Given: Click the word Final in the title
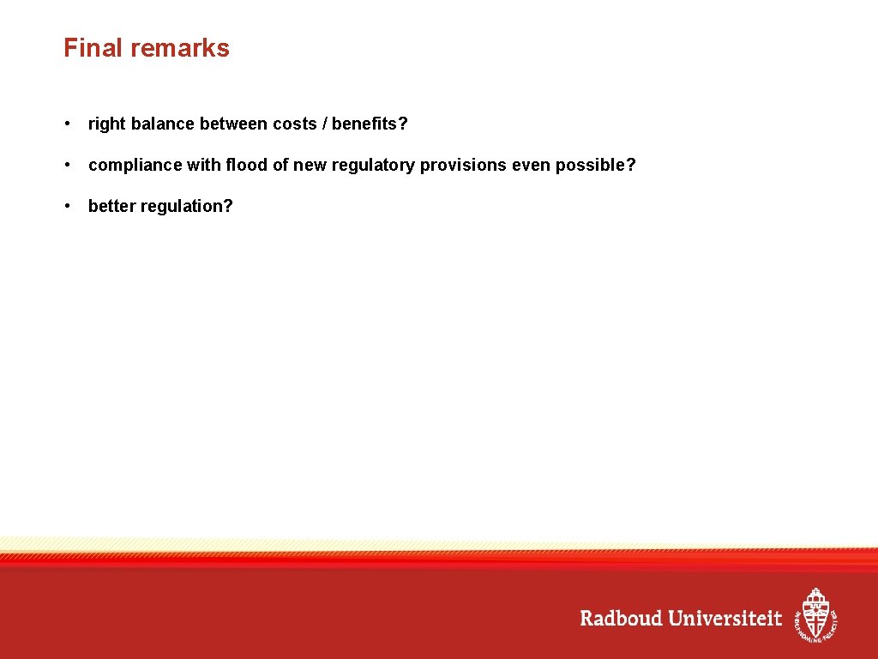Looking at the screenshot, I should pos(88,48).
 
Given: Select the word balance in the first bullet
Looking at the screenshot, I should pos(163,124).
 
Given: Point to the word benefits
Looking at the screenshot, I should pos(365,124).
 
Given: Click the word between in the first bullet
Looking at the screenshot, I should pos(233,124).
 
